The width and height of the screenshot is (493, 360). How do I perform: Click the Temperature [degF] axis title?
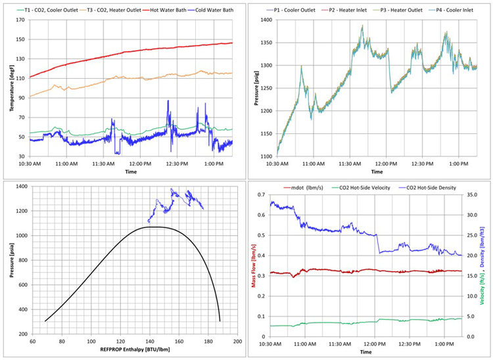click(9, 89)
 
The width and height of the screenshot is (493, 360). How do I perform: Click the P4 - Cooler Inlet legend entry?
click(454, 11)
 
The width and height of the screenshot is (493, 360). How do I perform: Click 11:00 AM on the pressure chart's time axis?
click(312, 164)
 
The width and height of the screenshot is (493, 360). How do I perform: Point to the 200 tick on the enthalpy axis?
click(237, 342)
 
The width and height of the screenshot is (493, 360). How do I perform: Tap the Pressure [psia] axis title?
click(9, 261)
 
